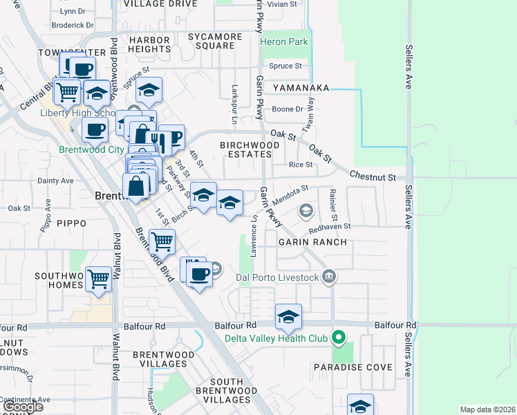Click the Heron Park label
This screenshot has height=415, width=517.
(284, 41)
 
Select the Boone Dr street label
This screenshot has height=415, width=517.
(288, 109)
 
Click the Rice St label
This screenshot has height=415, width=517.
(301, 165)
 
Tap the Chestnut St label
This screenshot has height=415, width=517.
(373, 177)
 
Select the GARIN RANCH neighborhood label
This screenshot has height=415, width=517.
(312, 243)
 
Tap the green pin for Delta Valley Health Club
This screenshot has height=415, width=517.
(338, 338)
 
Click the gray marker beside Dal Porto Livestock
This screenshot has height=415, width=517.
(329, 277)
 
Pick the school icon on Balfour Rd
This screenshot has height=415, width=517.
(288, 317)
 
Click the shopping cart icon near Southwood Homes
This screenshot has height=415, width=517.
(100, 278)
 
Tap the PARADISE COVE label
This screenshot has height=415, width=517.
(352, 367)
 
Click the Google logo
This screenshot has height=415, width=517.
(22, 407)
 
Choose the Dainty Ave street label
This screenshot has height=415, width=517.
(55, 181)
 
